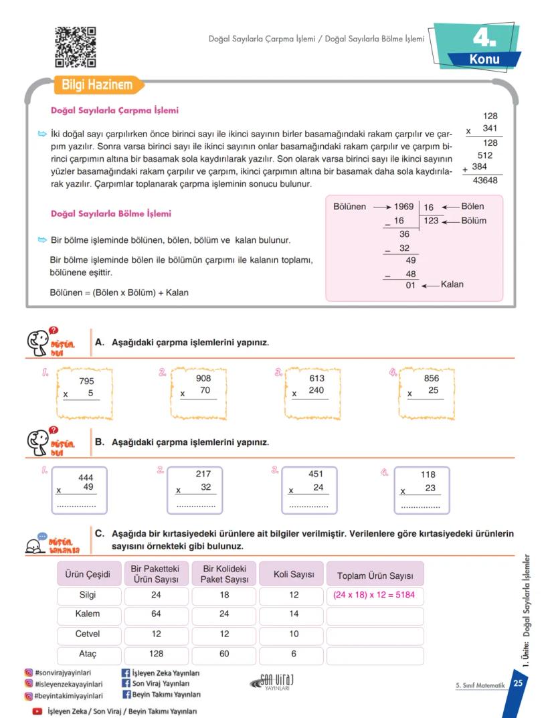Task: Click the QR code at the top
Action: (75, 47)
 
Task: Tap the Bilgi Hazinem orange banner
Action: (97, 86)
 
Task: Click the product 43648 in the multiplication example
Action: (485, 181)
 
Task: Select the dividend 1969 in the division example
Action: (403, 207)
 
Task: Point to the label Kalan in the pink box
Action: (452, 284)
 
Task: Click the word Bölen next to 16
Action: (472, 207)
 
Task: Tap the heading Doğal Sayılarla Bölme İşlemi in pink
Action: (111, 213)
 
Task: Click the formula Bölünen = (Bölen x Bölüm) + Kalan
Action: (119, 292)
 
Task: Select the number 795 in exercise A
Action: (86, 381)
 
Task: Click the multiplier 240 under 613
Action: (316, 391)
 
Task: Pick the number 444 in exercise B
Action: (86, 478)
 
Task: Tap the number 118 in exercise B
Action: (428, 475)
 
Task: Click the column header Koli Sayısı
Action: (294, 575)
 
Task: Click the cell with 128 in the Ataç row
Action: (156, 654)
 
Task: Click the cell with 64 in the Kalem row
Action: (156, 614)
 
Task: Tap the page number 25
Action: (518, 683)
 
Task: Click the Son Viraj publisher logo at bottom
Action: (272, 682)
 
